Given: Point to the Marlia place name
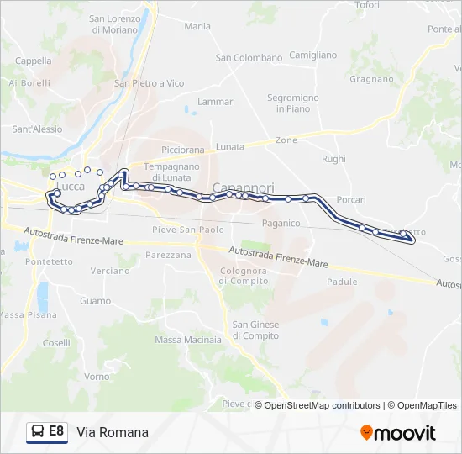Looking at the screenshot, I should coord(197,26).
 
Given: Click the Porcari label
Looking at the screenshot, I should coord(349,200).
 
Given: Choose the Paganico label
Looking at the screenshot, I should coord(281,223).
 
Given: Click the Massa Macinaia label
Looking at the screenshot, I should coord(188,340).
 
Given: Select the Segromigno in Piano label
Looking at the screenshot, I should coord(293,103).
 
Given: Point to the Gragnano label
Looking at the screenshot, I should coord(370,79).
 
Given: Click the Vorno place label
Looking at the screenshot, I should coord(97,377).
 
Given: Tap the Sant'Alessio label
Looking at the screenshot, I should coord(37,129).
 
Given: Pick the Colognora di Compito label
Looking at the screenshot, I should coord(243,276).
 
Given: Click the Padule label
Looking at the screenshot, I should coord(342,282).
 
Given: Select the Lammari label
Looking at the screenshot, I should coord(216,102).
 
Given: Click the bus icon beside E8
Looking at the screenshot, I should coord(36,432).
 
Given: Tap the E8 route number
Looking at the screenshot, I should coord(56,431).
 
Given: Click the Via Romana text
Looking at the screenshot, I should coord(113,432).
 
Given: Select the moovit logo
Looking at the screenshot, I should coord(397,432).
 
